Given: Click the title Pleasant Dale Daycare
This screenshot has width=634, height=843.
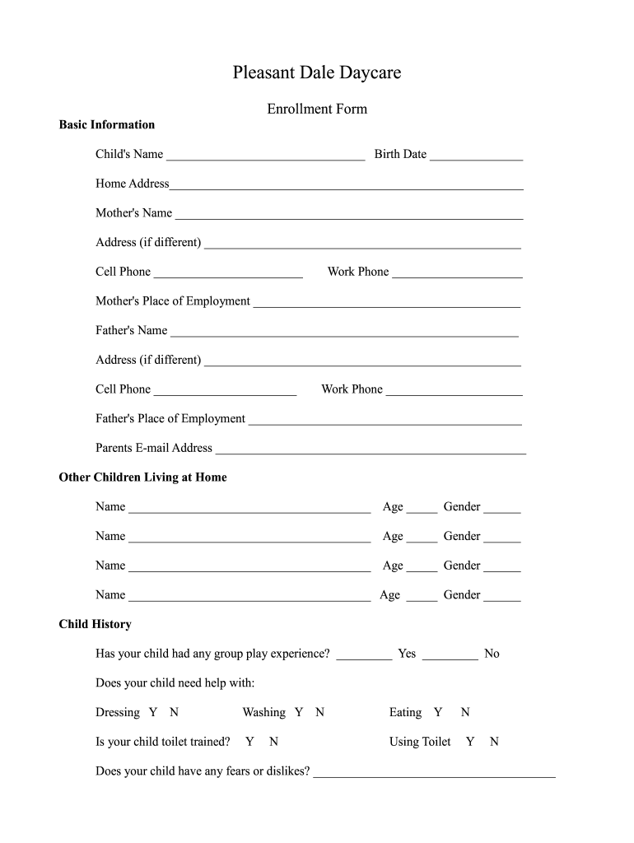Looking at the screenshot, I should point(316,73).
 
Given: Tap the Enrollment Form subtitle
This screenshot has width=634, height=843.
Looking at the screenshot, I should point(317,109).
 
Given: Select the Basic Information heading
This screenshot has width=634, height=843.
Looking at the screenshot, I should point(107,125).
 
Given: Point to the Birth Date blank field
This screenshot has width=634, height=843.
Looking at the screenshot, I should point(476,156).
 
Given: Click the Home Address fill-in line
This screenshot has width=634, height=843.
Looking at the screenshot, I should point(346,186).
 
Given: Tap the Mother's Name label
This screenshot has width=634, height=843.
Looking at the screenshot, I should point(133,213).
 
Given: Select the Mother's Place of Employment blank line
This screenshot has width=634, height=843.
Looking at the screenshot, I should point(387,304).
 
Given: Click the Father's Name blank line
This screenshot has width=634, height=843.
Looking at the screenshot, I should point(344,333).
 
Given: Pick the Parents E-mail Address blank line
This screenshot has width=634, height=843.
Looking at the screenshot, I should point(371,450).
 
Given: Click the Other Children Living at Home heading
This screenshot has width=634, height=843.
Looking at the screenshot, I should point(142,477).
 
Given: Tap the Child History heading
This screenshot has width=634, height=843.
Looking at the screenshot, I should point(95,625).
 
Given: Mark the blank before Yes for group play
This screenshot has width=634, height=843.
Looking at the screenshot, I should point(364,656).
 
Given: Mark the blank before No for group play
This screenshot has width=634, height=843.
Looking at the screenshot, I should point(450,656).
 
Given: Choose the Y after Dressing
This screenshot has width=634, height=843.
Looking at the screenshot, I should point(153,713).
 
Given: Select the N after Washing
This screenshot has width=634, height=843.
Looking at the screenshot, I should point(319,713).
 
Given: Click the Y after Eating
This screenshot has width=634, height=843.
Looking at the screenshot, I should point(438,713).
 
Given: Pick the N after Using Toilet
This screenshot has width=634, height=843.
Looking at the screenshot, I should point(494,743).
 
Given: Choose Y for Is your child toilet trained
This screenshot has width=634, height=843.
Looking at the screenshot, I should point(249,743).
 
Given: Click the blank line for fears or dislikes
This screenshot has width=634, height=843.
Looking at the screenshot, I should point(434,774).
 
